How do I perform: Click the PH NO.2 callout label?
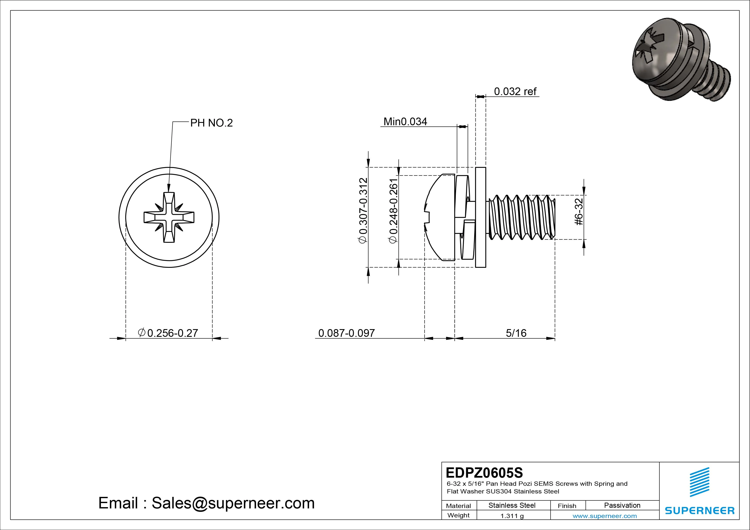click(211, 123)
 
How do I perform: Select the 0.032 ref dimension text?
click(515, 91)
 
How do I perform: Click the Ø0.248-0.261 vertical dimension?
click(393, 211)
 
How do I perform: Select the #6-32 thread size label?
click(579, 212)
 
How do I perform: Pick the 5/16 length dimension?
click(516, 333)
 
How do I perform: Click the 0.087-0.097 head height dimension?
click(346, 333)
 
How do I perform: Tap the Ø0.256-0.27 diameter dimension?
click(168, 333)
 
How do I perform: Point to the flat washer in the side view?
click(481, 217)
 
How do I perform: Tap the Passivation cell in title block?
click(622, 505)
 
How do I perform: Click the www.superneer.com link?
click(605, 516)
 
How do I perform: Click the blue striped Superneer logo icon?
click(699, 482)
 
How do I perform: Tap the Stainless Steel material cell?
click(512, 505)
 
